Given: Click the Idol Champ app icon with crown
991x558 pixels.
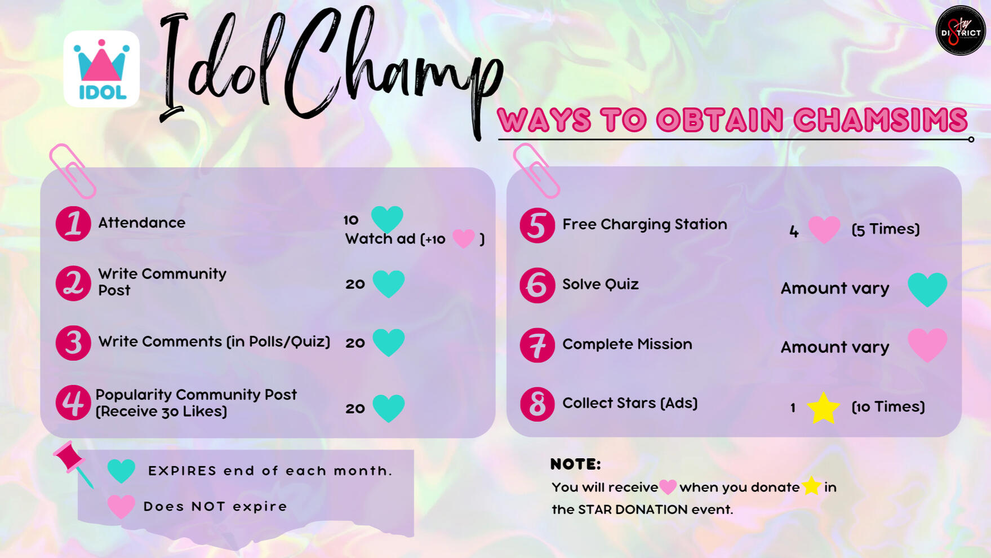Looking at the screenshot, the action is tap(101, 69).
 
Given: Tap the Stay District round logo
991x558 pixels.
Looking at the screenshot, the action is tap(961, 30).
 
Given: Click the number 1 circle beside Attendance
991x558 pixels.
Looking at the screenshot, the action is tap(73, 224).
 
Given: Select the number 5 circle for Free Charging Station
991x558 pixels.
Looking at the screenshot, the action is tap(537, 225).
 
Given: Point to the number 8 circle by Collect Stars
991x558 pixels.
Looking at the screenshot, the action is tap(537, 404).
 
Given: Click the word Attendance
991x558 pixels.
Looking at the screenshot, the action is tap(141, 223).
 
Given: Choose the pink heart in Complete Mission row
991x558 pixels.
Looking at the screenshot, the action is tap(927, 345).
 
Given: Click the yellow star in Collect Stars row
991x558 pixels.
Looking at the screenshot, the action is tap(823, 408).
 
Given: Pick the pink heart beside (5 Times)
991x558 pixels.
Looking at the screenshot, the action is tap(824, 229).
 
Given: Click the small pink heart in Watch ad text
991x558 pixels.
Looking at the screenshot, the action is tap(464, 238).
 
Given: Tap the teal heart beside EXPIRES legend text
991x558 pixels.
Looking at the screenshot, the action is tap(121, 471).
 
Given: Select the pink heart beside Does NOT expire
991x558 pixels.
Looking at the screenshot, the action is tap(121, 506).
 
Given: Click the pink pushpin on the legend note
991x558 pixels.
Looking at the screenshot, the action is tap(72, 463).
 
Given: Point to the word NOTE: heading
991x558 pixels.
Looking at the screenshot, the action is tap(575, 464).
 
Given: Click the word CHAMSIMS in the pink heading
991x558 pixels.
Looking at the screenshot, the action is tap(881, 119).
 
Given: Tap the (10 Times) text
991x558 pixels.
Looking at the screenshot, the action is tap(888, 406).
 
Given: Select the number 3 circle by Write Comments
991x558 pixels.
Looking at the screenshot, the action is tap(73, 343).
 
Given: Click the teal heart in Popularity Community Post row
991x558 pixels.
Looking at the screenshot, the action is tap(389, 408).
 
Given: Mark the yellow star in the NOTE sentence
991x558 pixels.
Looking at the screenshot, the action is tap(811, 485).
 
